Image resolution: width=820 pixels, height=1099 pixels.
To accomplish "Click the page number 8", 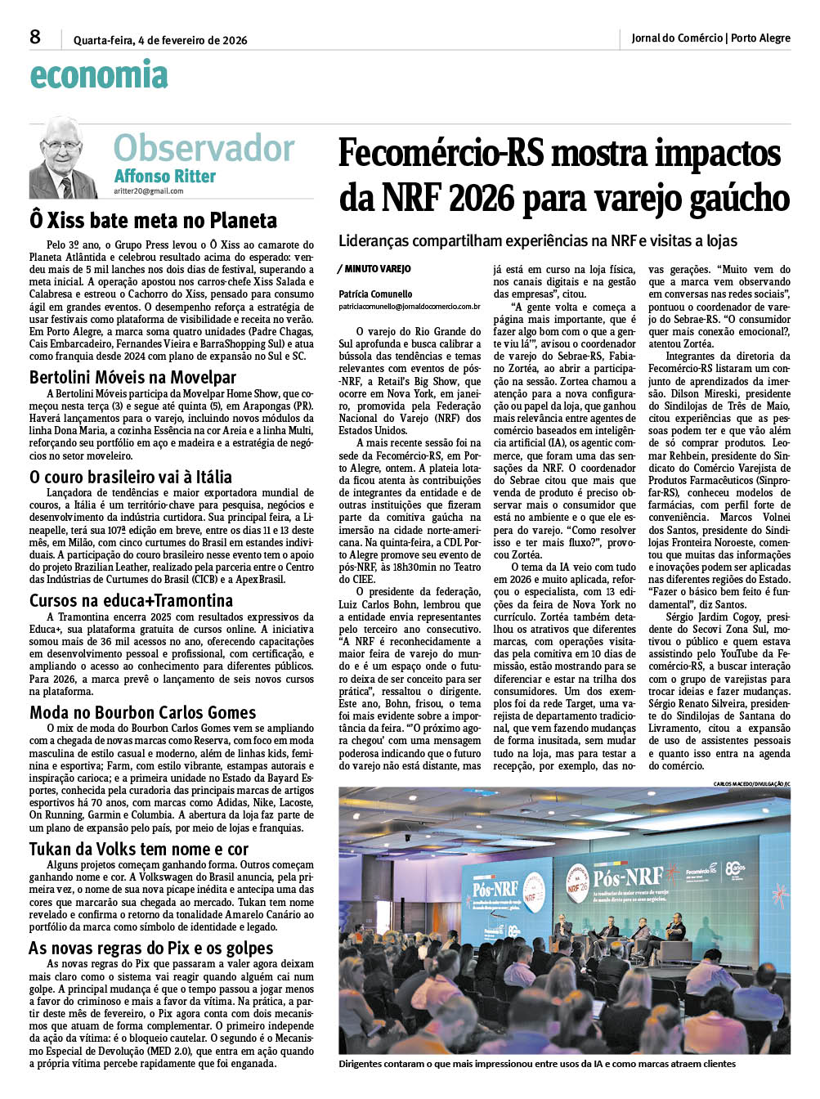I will [35, 37].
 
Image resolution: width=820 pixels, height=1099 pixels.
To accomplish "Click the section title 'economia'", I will [99, 75].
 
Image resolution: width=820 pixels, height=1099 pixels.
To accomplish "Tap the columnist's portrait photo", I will [63, 157].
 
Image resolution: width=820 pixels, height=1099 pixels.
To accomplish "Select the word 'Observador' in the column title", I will [204, 148].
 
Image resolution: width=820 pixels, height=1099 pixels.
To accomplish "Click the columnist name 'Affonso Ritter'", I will [164, 176].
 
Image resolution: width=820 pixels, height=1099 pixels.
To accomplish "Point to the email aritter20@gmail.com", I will [148, 191].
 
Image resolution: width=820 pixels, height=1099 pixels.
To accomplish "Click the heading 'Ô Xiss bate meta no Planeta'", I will [153, 220].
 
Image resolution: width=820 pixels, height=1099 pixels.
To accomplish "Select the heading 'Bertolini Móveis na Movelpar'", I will [132, 377].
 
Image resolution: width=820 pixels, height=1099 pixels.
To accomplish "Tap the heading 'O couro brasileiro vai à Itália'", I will [131, 477].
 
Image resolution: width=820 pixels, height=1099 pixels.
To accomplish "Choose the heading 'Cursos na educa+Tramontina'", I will [131, 600].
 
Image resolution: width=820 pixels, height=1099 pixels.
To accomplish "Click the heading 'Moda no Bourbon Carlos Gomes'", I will [143, 712].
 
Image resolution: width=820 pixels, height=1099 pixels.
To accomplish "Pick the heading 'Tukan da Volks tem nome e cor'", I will [139, 849].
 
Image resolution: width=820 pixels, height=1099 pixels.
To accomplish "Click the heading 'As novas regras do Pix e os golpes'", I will [151, 949].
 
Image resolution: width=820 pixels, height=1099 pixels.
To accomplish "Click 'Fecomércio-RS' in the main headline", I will [436, 154].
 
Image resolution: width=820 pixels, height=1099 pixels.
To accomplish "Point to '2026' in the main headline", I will [480, 199].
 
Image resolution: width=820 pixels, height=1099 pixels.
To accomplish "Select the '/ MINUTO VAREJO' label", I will [374, 269].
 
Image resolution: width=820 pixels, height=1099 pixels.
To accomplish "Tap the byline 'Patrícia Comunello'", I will [375, 294].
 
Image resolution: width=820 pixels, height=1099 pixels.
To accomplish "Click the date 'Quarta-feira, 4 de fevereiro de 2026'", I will [160, 40].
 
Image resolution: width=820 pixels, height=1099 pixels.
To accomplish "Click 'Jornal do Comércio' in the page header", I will [677, 38].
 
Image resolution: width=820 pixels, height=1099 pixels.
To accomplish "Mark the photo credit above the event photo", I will [751, 783].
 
